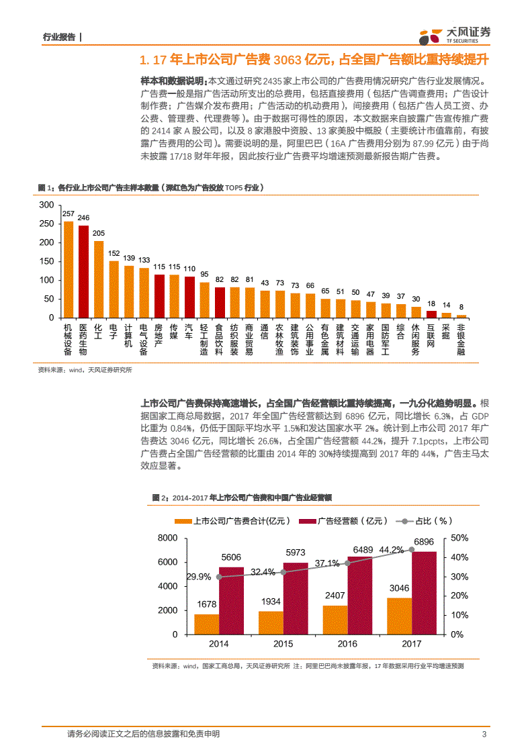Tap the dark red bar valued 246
83,271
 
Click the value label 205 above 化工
98,233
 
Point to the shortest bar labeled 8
461,316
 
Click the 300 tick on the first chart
46,205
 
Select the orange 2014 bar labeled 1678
206,624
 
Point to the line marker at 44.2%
412,549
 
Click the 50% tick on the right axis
459,538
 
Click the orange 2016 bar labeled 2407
335,619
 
